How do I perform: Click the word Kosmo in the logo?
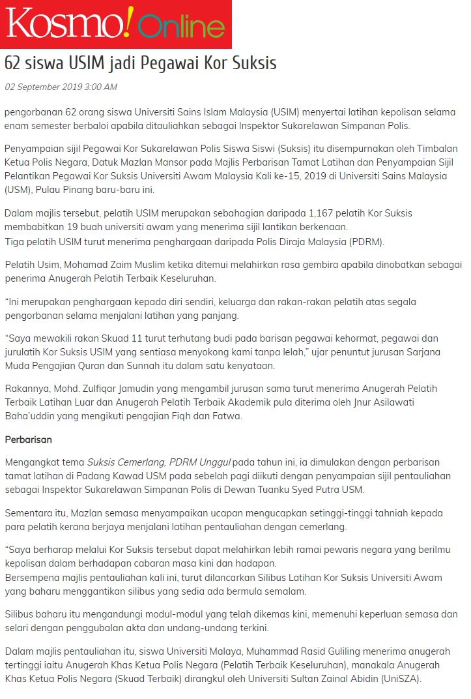pyautogui.click(x=62, y=25)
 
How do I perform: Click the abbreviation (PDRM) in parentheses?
pyautogui.click(x=365, y=242)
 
